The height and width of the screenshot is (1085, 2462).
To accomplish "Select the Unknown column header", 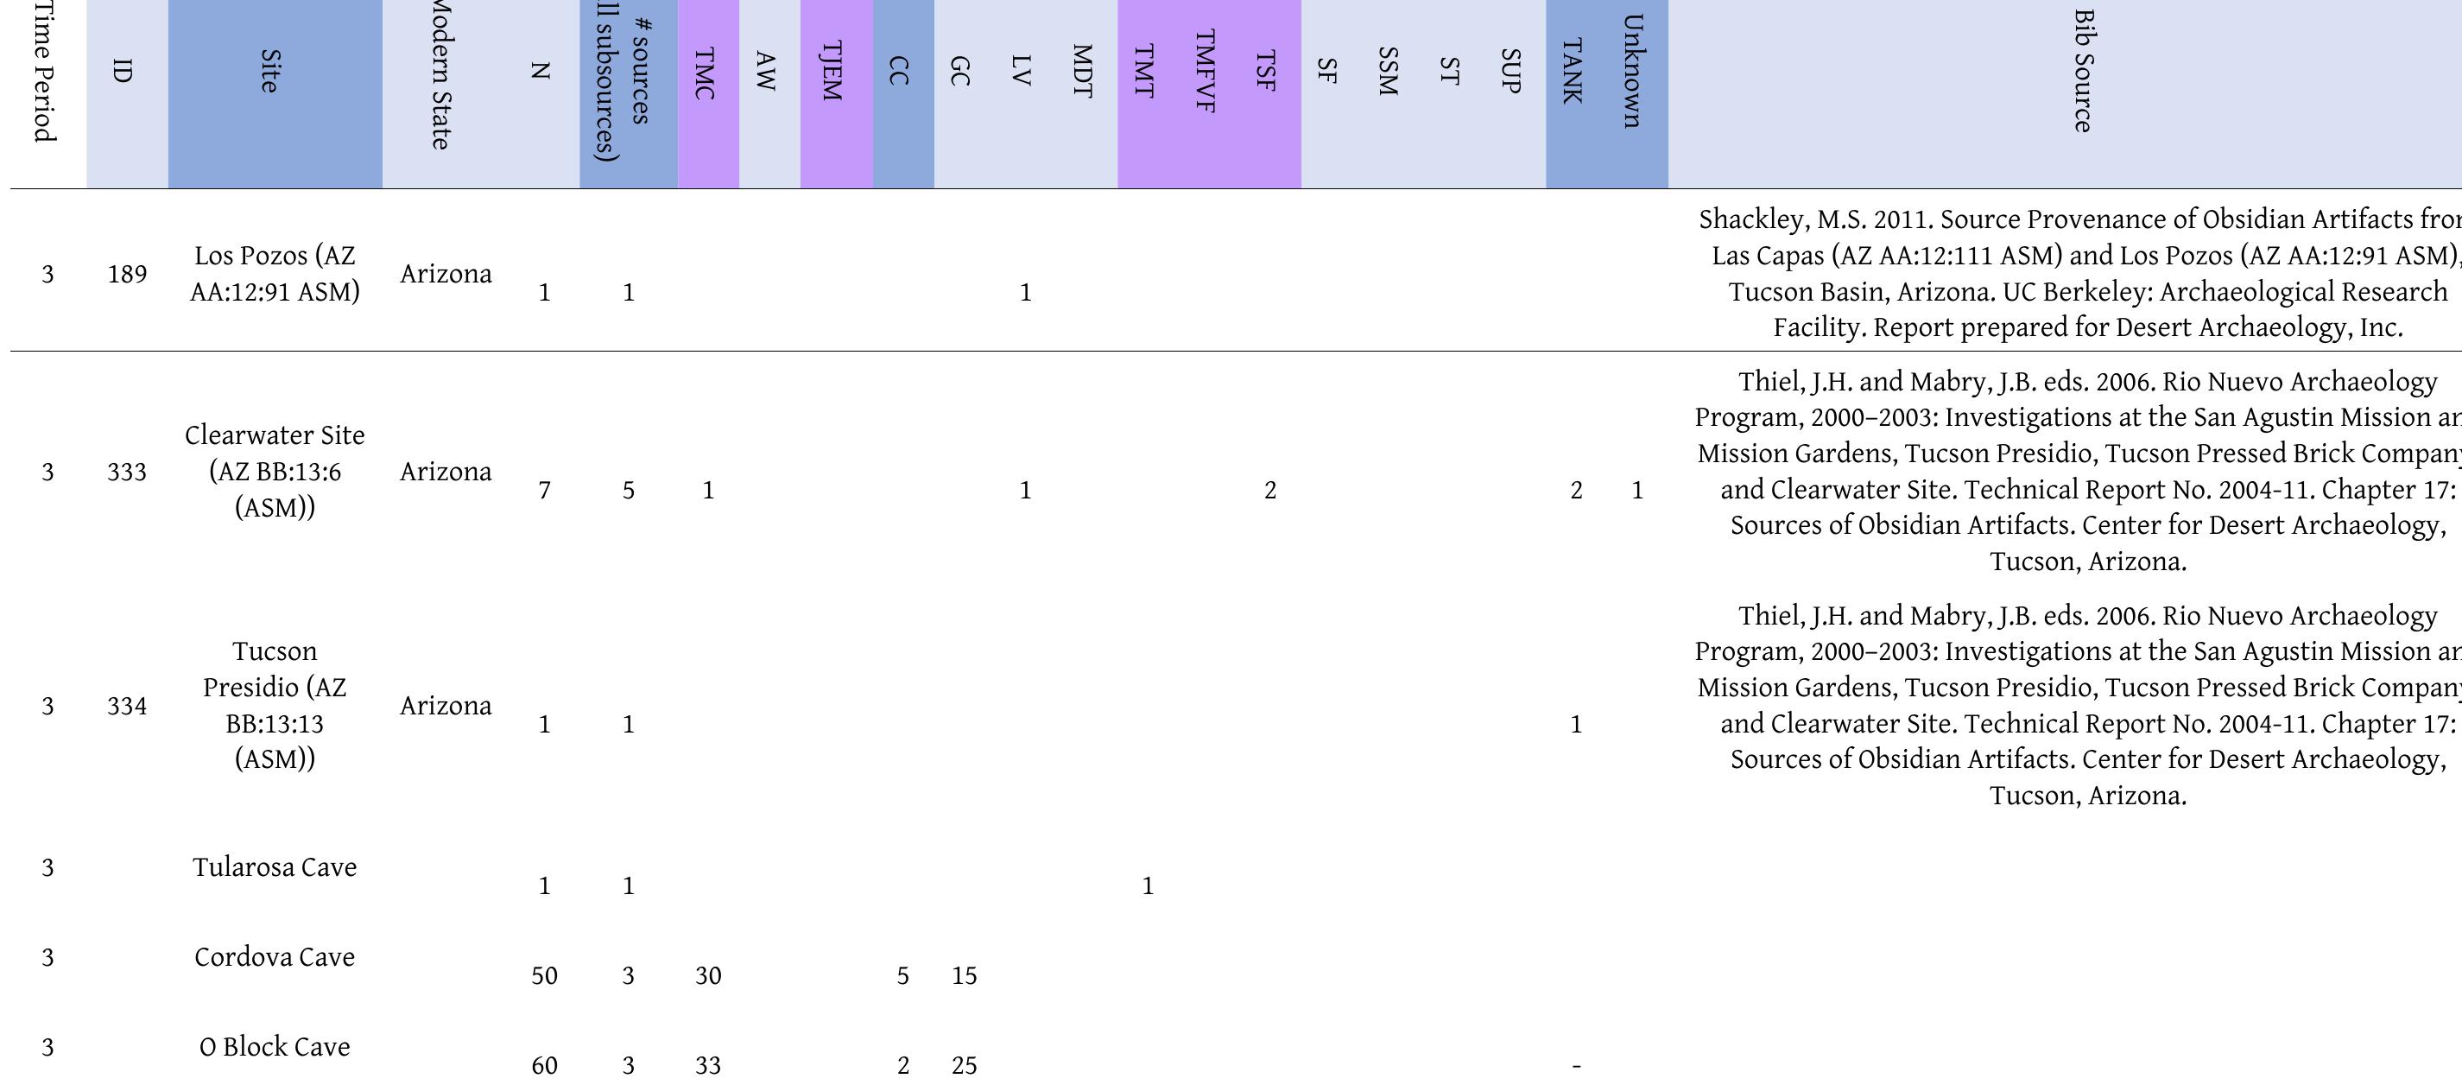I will coord(1632,72).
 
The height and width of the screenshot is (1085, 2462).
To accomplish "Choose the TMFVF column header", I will coord(1206,72).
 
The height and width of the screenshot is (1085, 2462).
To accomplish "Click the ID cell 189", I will coord(127,275).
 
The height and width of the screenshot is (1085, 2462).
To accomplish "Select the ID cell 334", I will coord(127,706).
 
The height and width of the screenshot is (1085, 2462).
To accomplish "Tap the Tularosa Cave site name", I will coord(275,867).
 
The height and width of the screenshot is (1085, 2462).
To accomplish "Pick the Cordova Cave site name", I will coord(275,957).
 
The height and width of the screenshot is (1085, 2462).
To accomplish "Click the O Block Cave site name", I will coord(275,1047).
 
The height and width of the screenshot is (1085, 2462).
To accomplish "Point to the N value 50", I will coord(544,976).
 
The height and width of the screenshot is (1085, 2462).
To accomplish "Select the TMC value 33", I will coord(708,1066).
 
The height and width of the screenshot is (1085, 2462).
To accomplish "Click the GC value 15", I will coord(965,976).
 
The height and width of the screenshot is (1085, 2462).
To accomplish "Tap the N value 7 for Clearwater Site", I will coord(544,491).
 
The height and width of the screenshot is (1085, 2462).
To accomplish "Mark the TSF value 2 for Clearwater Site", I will coord(1270,491).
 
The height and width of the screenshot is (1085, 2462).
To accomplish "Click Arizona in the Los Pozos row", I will coord(446,275).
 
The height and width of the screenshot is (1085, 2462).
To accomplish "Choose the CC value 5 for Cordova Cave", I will coord(902,976).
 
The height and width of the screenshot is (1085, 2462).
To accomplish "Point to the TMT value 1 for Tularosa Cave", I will coord(1148,886).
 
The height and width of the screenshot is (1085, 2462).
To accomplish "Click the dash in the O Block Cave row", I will coord(1576,1066).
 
